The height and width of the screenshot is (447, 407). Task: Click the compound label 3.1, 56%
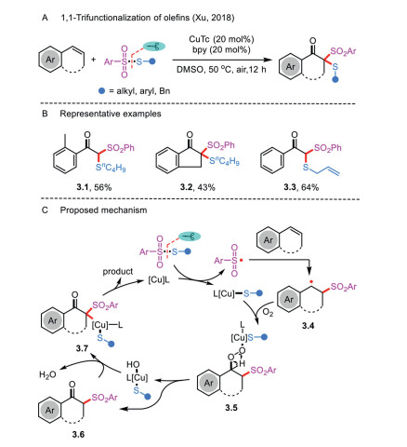tap(94, 187)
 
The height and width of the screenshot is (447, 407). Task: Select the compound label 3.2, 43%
tap(197, 187)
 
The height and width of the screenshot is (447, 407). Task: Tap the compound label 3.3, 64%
tap(301, 187)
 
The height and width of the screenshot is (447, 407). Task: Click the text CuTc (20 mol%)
tap(221, 39)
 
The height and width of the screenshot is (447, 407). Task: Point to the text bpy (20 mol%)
tap(221, 49)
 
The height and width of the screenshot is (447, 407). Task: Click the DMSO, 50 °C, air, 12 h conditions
tap(221, 69)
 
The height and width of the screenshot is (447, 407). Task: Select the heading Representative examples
tap(111, 114)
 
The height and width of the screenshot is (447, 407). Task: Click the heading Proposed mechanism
tap(103, 210)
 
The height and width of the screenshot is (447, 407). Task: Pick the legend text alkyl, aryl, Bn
tap(143, 91)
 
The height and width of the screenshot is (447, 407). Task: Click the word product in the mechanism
tap(118, 271)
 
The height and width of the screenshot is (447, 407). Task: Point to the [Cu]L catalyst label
tap(159, 280)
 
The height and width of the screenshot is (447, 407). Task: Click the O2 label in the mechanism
tap(268, 312)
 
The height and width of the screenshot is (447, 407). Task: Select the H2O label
tap(47, 374)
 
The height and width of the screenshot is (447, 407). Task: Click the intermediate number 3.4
tap(309, 326)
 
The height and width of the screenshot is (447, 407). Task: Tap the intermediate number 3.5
tap(231, 408)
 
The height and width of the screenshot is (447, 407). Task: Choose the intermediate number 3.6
tap(78, 434)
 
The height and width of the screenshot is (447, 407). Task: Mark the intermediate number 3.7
tap(82, 348)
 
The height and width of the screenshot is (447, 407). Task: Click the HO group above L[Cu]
tap(133, 364)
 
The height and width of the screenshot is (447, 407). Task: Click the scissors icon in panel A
tap(154, 47)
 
